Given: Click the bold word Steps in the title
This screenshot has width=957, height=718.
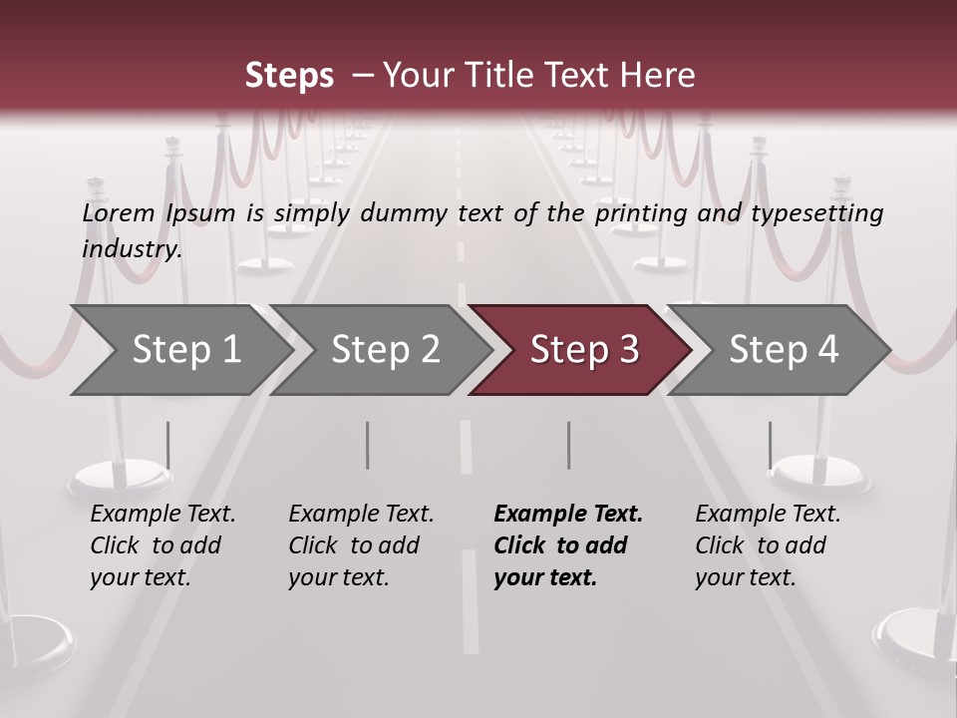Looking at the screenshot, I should pos(289,75).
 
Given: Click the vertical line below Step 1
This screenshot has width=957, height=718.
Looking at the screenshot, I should pos(167,445).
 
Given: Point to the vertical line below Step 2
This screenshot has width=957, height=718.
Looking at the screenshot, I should pos(368,445).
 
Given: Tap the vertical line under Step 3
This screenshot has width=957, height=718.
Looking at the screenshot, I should pos(568,445).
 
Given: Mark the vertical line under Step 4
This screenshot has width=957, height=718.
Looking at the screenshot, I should pos(770,445).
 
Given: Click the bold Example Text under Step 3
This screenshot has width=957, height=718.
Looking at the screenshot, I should pos(568,515).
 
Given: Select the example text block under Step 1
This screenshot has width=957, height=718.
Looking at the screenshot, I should pos(162,545).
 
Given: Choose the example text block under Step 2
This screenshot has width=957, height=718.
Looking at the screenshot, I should pos(361,545).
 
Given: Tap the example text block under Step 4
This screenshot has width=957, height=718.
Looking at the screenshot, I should pos(768,545).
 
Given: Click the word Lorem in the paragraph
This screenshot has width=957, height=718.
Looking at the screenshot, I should pos(119,213).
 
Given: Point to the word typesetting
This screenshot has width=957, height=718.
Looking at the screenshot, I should pos(816,213).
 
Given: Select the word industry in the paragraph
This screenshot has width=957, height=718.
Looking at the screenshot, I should pos(131,249).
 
